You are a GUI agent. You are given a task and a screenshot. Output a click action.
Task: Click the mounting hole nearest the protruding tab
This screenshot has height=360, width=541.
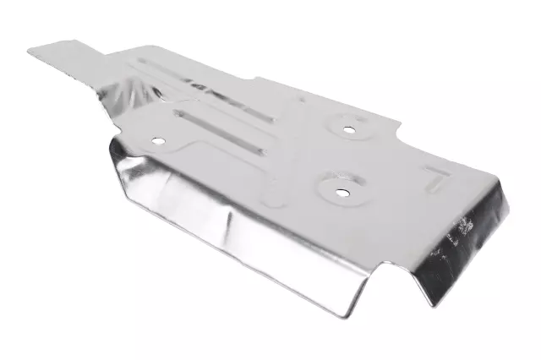[x=156, y=139]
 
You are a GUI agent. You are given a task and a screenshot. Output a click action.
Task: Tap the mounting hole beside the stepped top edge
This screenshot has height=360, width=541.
[x=348, y=129]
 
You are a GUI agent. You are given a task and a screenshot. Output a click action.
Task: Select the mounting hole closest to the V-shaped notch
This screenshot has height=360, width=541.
[x=342, y=192]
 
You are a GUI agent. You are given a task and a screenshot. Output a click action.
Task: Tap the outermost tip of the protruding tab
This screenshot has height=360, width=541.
[x=32, y=51]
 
